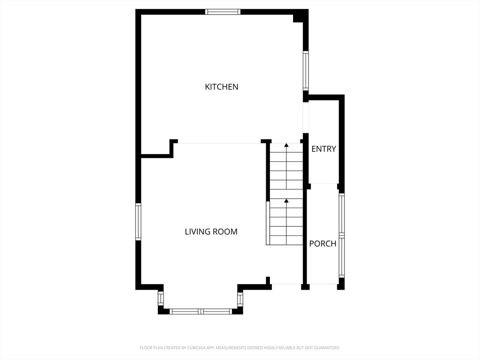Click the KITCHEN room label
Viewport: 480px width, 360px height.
(222, 87)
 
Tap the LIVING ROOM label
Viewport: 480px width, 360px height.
(211, 232)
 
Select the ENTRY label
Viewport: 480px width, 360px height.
(324, 149)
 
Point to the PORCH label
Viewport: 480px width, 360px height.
(322, 244)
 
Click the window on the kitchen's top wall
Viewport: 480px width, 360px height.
(223, 12)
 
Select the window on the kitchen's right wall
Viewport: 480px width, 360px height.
(306, 70)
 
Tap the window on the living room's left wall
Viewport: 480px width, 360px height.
(138, 222)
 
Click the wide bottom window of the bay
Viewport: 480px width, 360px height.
(201, 311)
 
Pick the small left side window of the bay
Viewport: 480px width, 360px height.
(161, 299)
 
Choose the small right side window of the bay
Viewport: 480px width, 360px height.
(240, 299)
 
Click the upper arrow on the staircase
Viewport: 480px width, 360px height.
(286, 146)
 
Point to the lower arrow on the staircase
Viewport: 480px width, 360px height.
(286, 201)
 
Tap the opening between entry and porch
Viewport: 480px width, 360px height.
(322, 184)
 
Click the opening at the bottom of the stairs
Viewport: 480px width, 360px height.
(286, 284)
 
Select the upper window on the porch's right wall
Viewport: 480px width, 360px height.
(342, 214)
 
